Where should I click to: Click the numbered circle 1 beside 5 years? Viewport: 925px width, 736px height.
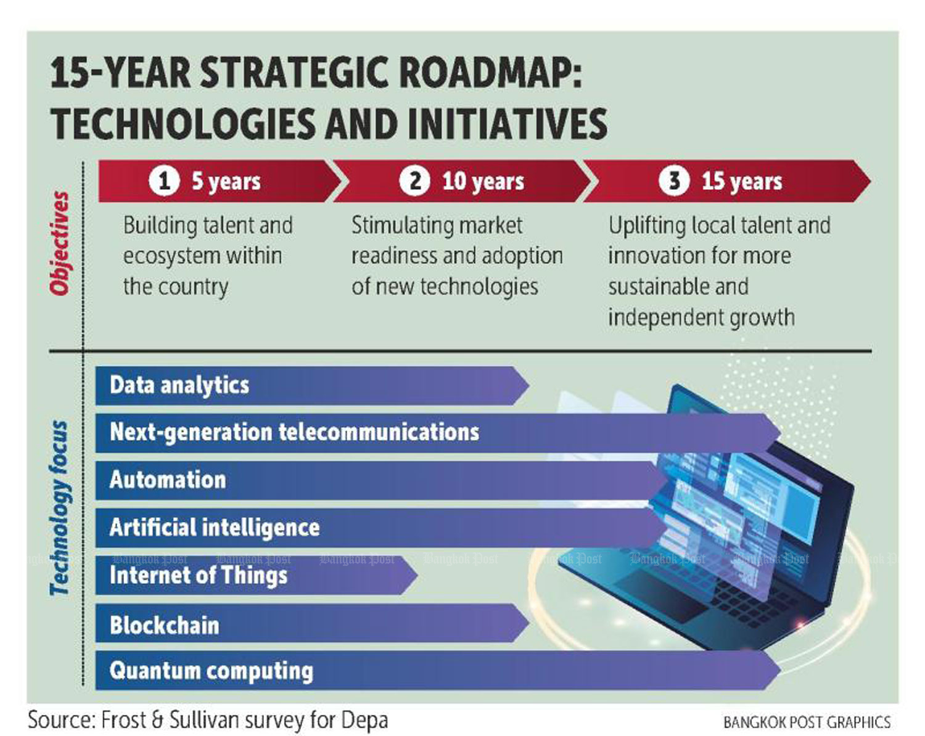tap(164, 181)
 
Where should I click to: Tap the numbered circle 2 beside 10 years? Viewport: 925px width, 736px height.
tap(414, 181)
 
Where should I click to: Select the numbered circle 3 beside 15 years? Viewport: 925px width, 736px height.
tap(674, 181)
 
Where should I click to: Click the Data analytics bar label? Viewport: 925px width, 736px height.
tap(179, 385)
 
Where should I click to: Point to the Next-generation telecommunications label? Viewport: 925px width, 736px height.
tap(294, 432)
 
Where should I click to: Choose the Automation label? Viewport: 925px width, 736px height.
tap(168, 480)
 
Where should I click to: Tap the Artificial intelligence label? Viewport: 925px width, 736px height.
tap(215, 528)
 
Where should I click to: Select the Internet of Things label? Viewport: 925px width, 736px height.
tap(198, 575)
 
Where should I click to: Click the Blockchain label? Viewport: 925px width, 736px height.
tap(164, 625)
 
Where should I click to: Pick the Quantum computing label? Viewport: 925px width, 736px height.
tap(211, 671)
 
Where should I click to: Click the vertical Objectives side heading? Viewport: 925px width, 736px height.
tap(60, 243)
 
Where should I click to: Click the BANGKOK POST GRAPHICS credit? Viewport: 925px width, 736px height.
tap(807, 722)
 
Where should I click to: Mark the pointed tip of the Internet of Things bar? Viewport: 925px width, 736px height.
tap(417, 575)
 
